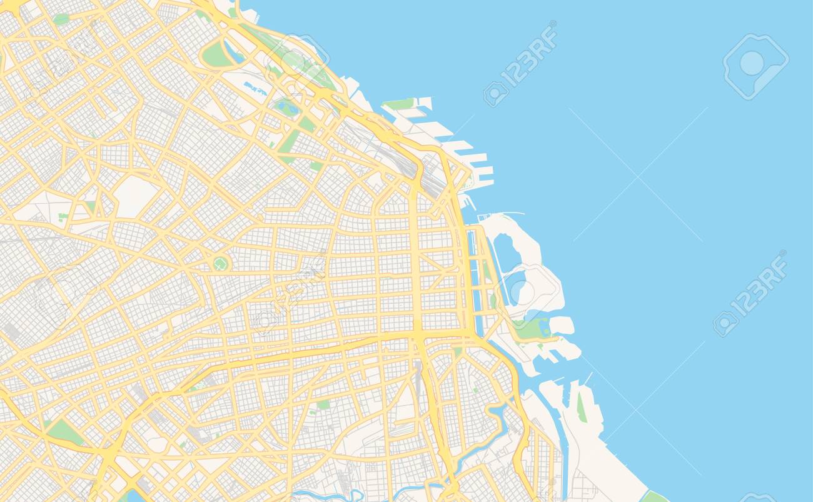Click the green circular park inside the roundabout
tap(220, 264)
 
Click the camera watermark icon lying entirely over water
tap(755, 66)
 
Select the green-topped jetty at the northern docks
tap(400, 104)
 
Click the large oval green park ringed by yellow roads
tap(216, 56)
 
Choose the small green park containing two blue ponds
tap(288, 107)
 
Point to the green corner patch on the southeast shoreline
tap(654, 497)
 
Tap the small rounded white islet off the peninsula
tap(561, 324)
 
